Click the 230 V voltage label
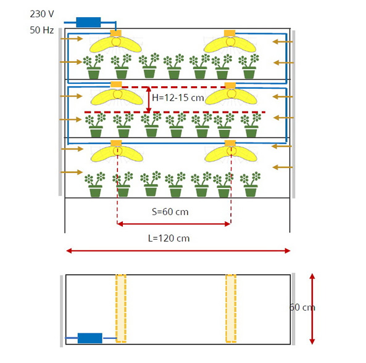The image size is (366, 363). tap(42, 14)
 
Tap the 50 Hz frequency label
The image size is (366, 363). tap(41, 30)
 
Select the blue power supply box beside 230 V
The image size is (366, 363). tap(88, 22)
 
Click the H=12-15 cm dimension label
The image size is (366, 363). tap(178, 98)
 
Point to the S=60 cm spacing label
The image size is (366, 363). tap(170, 211)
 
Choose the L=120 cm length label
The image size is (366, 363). tap(168, 239)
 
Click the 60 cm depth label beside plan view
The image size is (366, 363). tap(302, 308)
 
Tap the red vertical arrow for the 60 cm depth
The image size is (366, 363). tap(312, 309)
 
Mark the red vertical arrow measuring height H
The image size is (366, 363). tap(149, 100)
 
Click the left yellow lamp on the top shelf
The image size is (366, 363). tap(115, 44)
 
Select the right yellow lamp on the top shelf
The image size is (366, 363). tap(230, 44)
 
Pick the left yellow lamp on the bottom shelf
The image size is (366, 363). tap(117, 153)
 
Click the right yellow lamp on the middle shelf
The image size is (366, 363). tap(231, 97)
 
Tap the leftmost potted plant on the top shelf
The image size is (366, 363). tap(93, 67)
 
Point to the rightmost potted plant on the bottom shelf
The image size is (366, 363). tap(250, 184)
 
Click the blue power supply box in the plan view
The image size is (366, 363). tap(90, 338)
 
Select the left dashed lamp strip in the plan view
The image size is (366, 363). tap(121, 308)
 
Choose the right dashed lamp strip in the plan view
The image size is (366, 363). tap(231, 308)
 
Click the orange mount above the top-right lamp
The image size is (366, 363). tap(230, 33)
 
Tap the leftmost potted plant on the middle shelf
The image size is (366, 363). tap(95, 125)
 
